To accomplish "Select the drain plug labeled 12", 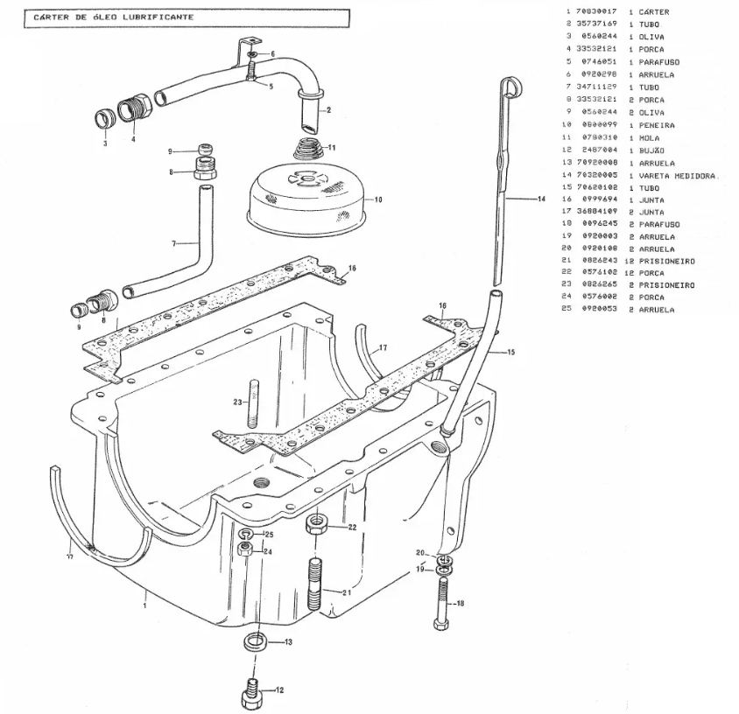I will click(252, 692).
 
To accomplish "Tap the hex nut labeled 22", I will click(317, 527).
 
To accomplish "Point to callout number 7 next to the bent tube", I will click(174, 242).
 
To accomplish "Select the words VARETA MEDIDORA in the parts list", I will click(678, 176).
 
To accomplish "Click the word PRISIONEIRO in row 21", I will click(669, 260).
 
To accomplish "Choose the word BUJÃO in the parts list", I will click(651, 150).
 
